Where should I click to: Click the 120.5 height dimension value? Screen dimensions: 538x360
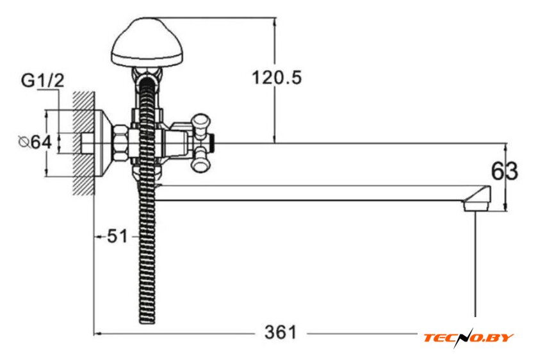click(277, 78)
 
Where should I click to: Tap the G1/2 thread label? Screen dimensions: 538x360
click(42, 81)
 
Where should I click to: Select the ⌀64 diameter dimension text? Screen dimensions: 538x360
click(35, 142)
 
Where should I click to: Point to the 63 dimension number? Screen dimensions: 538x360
click(505, 171)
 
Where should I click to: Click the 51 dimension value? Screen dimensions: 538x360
click(117, 236)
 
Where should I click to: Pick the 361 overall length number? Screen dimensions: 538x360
click(281, 332)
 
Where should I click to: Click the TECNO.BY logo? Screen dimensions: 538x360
click(468, 338)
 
